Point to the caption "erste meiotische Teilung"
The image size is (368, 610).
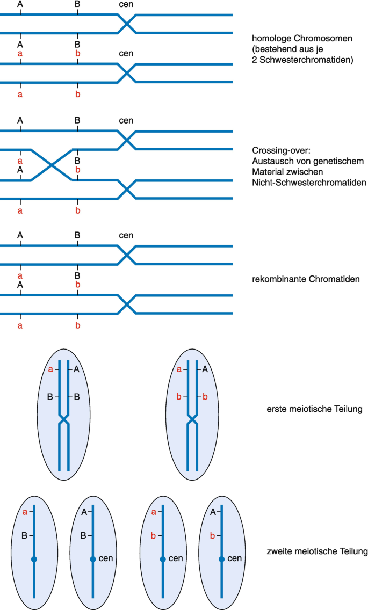click(314, 409)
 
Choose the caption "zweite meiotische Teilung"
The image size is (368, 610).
click(317, 551)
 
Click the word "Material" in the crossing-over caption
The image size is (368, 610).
click(268, 172)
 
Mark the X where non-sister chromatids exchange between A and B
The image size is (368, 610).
click(52, 165)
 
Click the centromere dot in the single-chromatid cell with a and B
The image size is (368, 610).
click(34, 559)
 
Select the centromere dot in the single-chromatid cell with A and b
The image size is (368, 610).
click(221, 559)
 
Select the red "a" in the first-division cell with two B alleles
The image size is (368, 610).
click(50, 369)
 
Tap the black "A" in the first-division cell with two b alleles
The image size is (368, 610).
click(205, 369)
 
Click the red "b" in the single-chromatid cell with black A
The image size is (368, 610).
click(212, 536)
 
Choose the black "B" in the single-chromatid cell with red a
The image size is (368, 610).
click(25, 536)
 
